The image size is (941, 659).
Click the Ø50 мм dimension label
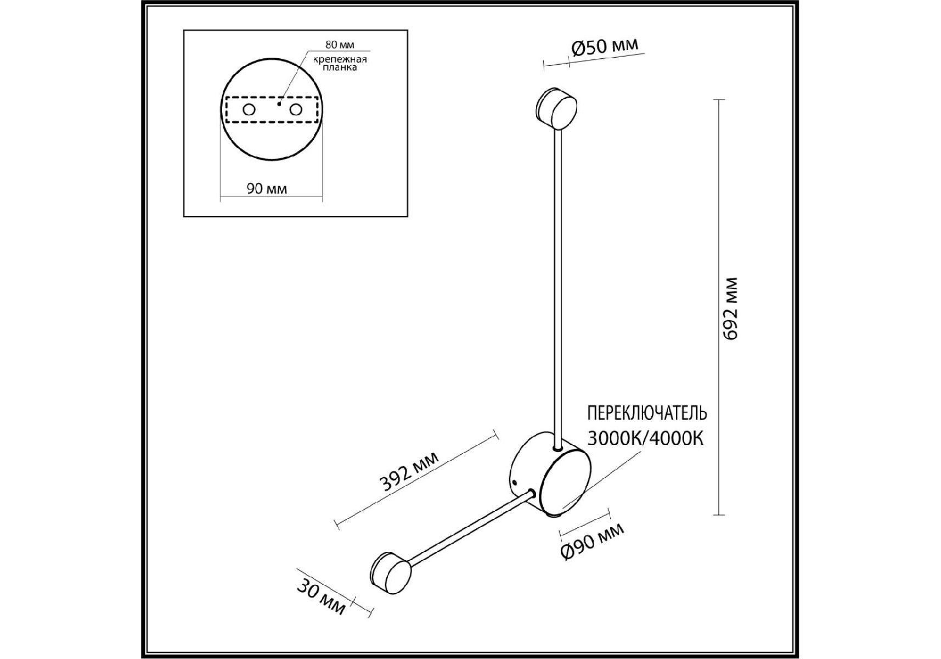pyautogui.click(x=605, y=46)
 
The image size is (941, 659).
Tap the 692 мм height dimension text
pyautogui.click(x=730, y=309)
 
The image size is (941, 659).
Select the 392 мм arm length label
pyautogui.click(x=409, y=471)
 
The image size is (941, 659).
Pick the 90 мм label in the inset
pyautogui.click(x=267, y=189)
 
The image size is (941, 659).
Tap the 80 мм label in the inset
pyautogui.click(x=340, y=44)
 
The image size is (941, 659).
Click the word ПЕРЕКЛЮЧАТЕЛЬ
pyautogui.click(x=647, y=412)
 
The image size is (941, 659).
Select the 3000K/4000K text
pyautogui.click(x=645, y=438)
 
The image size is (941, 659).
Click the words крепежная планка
pyautogui.click(x=340, y=63)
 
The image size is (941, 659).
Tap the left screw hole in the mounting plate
pyautogui.click(x=249, y=110)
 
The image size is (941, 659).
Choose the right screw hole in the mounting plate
pyautogui.click(x=296, y=110)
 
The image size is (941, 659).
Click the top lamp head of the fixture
pyautogui.click(x=557, y=108)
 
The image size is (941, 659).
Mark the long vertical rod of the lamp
pyautogui.click(x=558, y=288)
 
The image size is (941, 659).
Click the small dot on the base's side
pyautogui.click(x=515, y=483)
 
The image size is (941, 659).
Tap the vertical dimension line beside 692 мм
pyautogui.click(x=719, y=307)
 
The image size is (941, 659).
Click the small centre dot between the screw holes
pyautogui.click(x=279, y=103)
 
